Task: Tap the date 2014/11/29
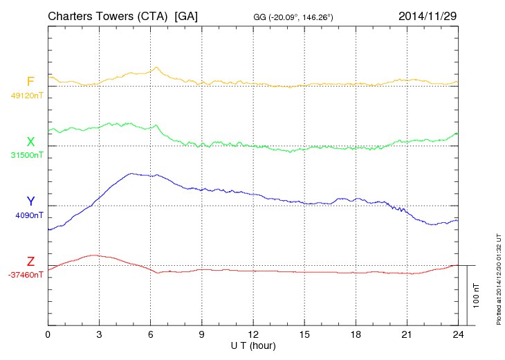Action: [428, 15]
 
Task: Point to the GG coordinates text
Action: [294, 17]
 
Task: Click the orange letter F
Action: [30, 82]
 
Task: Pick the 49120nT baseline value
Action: [26, 96]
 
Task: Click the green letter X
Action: [30, 142]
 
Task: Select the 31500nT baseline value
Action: [26, 155]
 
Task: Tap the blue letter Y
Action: [30, 201]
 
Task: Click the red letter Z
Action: [30, 262]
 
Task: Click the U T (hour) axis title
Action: [253, 345]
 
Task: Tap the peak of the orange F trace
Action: [157, 67]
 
